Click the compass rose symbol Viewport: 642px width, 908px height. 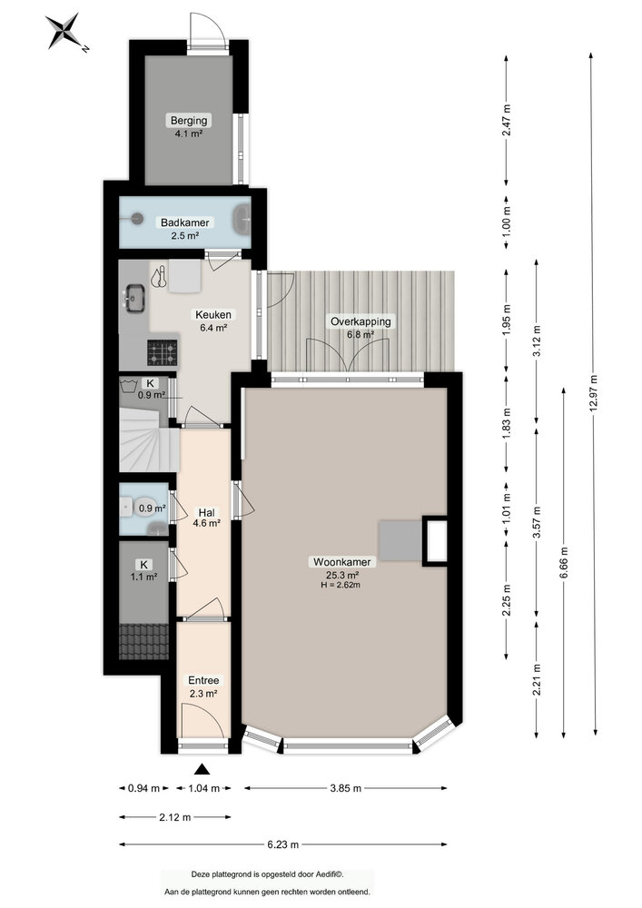tap(63, 32)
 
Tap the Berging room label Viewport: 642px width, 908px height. tap(189, 126)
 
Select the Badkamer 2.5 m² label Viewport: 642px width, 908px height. tap(185, 228)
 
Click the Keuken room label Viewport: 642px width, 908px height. tap(214, 321)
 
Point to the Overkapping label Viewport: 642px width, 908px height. tap(361, 327)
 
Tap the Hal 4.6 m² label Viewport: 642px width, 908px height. tap(205, 517)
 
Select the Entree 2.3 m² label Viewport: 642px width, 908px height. tap(203, 686)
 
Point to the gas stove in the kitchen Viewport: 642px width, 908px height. tap(163, 350)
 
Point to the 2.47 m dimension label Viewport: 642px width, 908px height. tap(507, 120)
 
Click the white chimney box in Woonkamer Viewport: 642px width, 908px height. tap(436, 541)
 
